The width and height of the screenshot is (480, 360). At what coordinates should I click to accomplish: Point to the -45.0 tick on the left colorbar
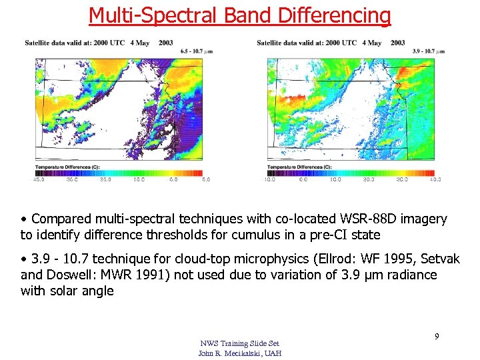coord(40,179)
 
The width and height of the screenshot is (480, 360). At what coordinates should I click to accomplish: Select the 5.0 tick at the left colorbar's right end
coord(206,179)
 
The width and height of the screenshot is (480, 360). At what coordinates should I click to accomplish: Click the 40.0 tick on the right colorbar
coord(435,179)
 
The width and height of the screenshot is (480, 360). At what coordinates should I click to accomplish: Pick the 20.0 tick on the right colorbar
coord(369,179)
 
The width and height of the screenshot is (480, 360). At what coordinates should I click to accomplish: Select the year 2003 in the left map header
coord(166,43)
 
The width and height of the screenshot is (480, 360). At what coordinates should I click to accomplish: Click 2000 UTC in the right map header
coord(341,43)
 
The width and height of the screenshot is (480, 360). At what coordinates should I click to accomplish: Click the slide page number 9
coord(437,337)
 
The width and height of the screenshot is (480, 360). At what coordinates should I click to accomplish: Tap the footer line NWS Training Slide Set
coord(239,343)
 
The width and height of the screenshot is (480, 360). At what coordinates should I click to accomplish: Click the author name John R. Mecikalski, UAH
coord(239,353)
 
